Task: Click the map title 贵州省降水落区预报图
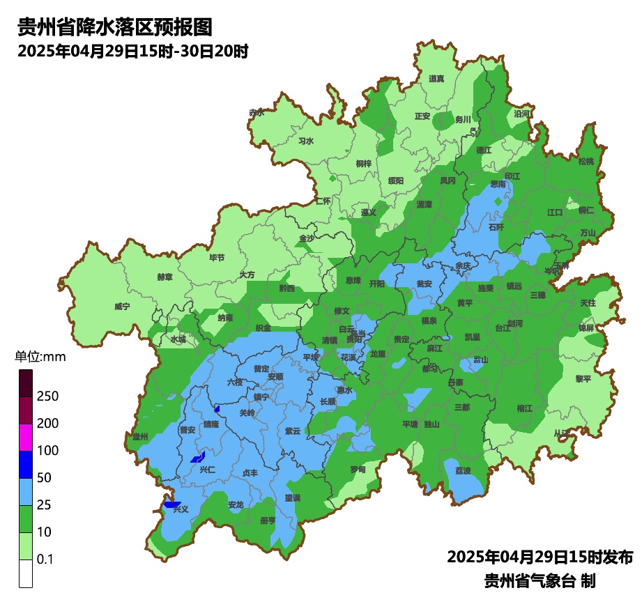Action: coord(114,27)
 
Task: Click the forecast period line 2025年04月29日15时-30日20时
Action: coord(132,51)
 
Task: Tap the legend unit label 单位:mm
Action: coord(40,357)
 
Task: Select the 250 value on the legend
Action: coord(48,396)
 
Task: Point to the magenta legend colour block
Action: coord(26,437)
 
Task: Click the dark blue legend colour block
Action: coord(26,464)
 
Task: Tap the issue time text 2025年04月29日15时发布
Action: coord(540,557)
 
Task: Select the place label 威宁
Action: coord(122,307)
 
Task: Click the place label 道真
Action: coord(436,79)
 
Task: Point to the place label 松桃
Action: coord(586,162)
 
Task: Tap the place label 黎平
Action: coord(583,378)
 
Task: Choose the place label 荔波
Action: coord(463,470)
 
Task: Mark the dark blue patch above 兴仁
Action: coord(198,458)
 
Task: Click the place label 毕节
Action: coord(217,257)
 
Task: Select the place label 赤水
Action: coord(257,112)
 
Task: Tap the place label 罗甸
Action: coord(358,469)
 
